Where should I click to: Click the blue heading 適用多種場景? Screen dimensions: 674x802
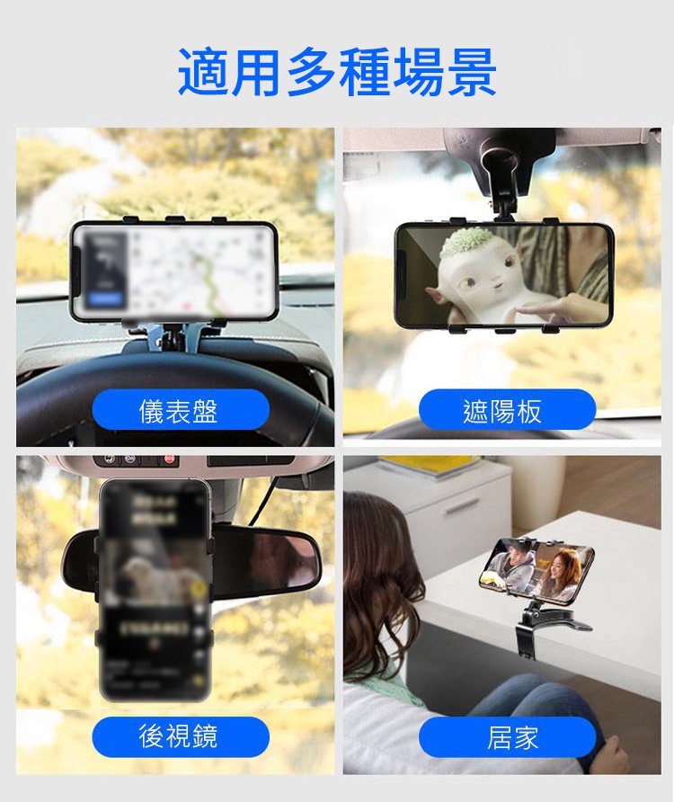[337, 72]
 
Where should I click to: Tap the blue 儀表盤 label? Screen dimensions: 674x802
[181, 410]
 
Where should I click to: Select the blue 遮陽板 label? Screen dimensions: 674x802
[507, 410]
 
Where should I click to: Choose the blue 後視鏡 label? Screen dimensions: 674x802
[181, 737]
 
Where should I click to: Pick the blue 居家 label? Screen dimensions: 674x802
[507, 737]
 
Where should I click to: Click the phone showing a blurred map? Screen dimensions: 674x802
[173, 272]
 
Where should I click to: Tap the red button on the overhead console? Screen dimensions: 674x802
[169, 459]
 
